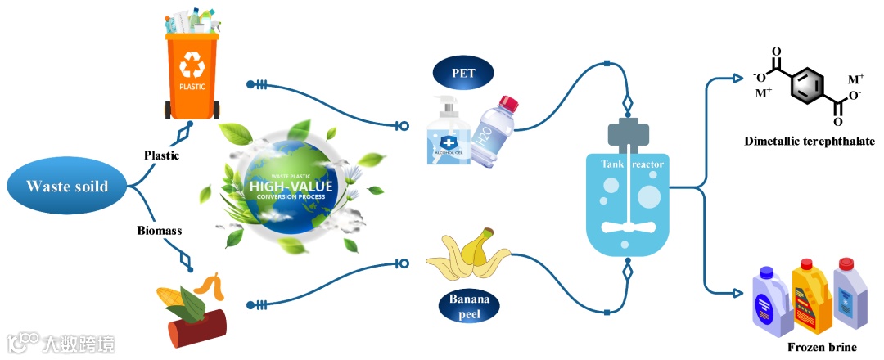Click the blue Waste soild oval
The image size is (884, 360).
tap(67, 187)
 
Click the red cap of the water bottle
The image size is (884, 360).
tap(508, 104)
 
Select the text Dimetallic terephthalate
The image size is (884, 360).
tap(809, 142)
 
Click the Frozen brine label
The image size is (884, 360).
tap(820, 347)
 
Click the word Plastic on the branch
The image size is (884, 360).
tap(162, 155)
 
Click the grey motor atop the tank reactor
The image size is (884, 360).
tap(628, 133)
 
